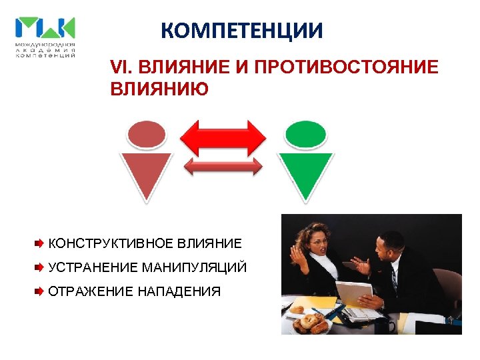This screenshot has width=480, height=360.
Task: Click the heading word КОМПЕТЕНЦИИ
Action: tap(242, 31)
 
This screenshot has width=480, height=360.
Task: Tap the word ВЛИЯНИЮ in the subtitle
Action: tap(159, 89)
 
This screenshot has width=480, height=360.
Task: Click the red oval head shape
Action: tap(145, 134)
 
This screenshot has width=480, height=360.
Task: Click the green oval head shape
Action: tap(305, 134)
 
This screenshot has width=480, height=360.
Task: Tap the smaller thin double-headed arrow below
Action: tap(224, 167)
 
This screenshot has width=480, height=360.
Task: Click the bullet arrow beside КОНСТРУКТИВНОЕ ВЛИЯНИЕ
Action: tap(40, 243)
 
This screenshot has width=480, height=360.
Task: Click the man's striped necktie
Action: tap(394, 281)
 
